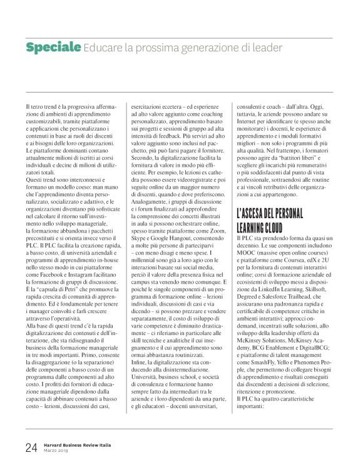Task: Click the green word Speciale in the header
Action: (53, 47)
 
